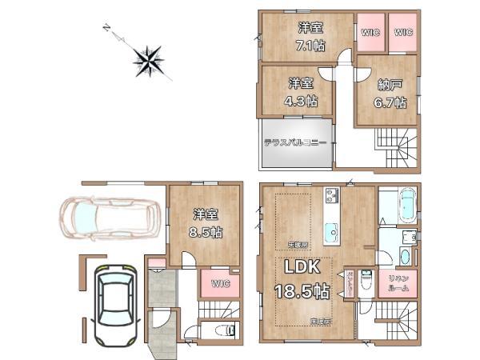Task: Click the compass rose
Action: pos(149,59)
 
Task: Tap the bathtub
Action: pos(396,205)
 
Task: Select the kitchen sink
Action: pos(332,233)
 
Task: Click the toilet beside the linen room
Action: pos(366,282)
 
